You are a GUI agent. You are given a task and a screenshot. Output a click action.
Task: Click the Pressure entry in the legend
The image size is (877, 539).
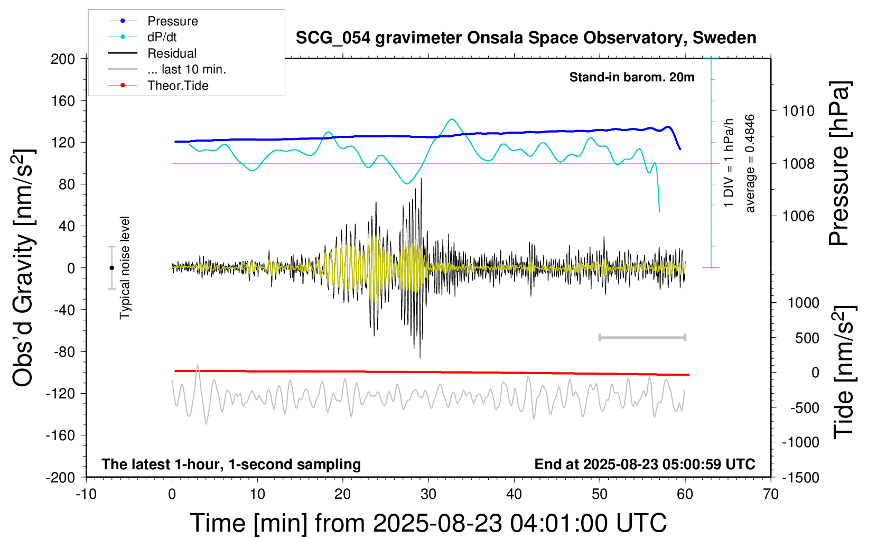[172, 21]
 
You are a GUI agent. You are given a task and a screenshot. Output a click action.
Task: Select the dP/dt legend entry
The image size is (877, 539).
[162, 37]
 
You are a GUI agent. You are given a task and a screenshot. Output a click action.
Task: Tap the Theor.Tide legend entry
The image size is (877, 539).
[178, 86]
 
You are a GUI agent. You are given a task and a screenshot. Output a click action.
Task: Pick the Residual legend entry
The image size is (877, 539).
[172, 53]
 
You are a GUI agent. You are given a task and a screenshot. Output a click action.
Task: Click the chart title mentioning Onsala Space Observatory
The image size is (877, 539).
[526, 38]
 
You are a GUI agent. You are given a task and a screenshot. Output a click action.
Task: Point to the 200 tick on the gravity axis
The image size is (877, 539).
[63, 59]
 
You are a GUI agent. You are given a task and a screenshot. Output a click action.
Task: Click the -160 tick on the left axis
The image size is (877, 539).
[61, 435]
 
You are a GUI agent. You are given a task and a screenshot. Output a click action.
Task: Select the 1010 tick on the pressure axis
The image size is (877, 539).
[798, 111]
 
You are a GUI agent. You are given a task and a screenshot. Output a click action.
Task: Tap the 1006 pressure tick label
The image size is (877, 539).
[798, 216]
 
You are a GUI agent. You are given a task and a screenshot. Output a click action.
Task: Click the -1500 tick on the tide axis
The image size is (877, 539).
[801, 478]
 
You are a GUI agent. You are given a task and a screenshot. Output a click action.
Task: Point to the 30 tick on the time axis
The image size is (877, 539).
[428, 495]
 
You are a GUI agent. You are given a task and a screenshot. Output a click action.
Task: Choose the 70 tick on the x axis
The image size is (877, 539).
[771, 495]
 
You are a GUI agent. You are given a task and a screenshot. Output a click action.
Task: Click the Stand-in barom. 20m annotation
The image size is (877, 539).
[632, 77]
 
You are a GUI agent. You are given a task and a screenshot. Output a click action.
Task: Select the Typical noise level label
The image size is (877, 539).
[125, 267]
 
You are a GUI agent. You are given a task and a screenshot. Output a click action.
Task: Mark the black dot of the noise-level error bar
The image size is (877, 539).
[111, 268]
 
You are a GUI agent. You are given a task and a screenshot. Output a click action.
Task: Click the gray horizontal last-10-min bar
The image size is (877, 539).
[642, 337]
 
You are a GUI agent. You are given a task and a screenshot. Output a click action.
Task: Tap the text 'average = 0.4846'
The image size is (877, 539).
[750, 164]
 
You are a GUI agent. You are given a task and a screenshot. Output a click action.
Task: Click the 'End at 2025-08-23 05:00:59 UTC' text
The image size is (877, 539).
[645, 464]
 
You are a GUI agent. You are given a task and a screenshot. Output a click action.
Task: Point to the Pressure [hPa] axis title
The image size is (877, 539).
[839, 164]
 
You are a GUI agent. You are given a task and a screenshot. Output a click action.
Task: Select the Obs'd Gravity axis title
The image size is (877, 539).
[23, 268]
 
